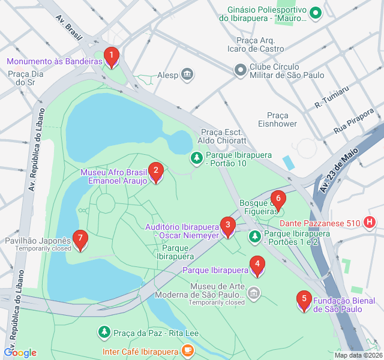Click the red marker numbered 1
pos(111,57)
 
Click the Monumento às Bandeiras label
pos(54,61)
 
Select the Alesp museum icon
pos(188,75)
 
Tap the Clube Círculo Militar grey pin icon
pos(241,70)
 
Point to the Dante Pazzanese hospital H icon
pos(370,223)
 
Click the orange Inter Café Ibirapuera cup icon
pos(188,350)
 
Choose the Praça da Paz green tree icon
pos(104,332)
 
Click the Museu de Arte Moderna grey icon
pos(254,293)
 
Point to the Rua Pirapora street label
pos(354,120)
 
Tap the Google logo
pos(20,353)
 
